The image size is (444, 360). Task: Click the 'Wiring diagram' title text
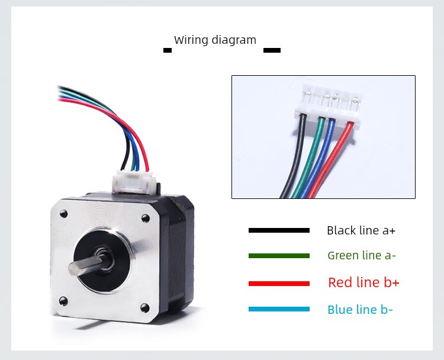click(215, 40)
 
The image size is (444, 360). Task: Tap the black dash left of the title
click(168, 50)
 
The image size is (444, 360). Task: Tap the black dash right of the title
click(272, 50)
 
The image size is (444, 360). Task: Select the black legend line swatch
click(279, 230)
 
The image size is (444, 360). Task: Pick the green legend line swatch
click(279, 256)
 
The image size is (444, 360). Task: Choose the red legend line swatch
click(279, 283)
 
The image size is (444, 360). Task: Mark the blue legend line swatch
click(279, 309)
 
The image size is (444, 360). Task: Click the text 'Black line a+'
click(361, 230)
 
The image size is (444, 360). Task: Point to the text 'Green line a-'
click(361, 256)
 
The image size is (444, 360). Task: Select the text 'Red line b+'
click(363, 282)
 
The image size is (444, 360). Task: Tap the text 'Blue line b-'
click(360, 309)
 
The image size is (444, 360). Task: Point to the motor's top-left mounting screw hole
click(64, 214)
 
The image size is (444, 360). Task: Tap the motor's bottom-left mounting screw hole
click(61, 299)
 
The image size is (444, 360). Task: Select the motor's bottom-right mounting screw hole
click(144, 307)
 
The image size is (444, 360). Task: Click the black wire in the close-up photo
click(298, 154)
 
